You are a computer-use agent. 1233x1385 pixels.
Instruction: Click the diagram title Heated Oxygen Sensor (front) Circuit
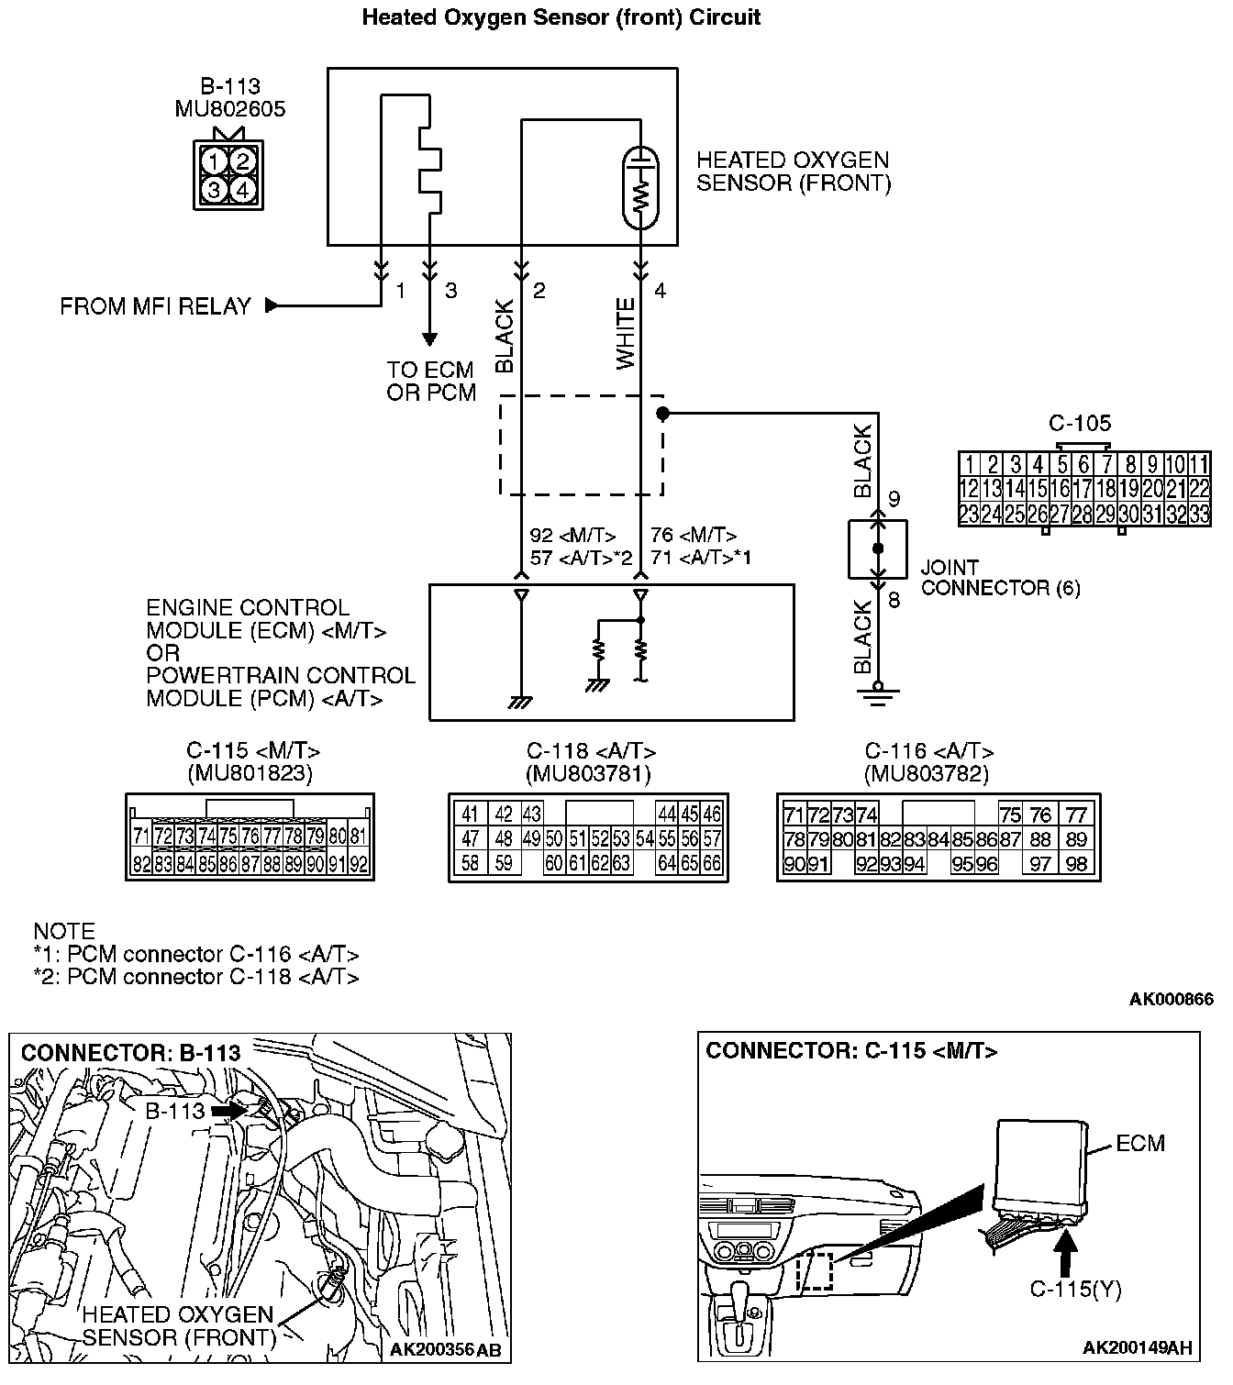[561, 17]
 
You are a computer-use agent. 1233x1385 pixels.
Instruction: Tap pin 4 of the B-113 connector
[242, 190]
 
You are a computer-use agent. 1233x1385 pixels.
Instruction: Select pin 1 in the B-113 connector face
[214, 162]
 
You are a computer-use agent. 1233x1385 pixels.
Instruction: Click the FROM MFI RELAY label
[155, 306]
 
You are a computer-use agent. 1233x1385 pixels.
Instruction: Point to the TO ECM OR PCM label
[431, 382]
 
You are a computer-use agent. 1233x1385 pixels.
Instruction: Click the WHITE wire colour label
[626, 334]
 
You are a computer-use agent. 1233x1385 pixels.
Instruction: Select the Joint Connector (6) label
[1000, 578]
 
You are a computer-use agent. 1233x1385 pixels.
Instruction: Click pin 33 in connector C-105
[1198, 514]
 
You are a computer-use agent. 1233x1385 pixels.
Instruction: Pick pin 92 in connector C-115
[359, 864]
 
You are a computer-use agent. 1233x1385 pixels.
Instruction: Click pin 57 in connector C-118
[713, 838]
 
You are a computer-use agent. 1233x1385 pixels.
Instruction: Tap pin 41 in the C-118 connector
[471, 814]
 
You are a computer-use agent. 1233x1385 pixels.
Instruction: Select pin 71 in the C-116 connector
[794, 814]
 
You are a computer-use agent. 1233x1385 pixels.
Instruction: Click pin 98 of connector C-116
[1076, 863]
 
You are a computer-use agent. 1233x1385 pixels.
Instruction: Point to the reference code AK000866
[1171, 1000]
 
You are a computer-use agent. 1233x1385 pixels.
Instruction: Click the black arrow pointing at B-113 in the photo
[228, 1110]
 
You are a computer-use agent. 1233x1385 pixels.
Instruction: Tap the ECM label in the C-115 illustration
[1140, 1143]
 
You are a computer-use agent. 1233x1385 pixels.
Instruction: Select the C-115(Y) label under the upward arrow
[1075, 1290]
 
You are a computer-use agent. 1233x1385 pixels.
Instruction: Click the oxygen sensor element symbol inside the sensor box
[641, 188]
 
